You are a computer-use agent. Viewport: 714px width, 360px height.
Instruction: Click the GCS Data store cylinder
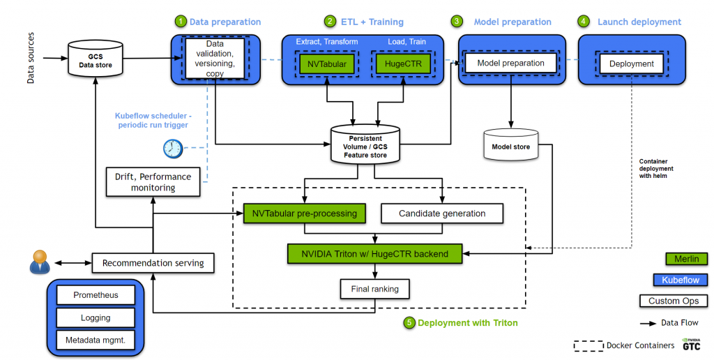point(95,59)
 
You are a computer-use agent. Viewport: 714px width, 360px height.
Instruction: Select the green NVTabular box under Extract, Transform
point(326,64)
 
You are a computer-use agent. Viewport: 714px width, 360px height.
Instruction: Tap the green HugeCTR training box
point(397,64)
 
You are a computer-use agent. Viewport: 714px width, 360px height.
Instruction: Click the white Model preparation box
point(511,63)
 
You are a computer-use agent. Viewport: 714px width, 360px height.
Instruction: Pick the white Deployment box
point(632,63)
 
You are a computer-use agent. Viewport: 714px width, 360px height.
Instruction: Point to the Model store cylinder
point(511,144)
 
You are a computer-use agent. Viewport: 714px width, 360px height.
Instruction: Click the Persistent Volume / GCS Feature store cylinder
point(365,144)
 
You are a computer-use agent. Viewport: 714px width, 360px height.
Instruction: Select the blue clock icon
point(172,148)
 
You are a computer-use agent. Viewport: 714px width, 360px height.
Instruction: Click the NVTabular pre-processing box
point(304,213)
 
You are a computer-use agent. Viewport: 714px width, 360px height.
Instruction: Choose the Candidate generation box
point(441,213)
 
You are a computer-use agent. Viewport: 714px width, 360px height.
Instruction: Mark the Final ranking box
point(375,287)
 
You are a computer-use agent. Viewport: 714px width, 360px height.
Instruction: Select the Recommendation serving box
point(153,263)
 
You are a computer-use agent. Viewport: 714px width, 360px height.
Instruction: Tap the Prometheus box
point(96,295)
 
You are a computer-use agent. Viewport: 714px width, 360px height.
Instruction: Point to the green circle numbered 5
point(409,323)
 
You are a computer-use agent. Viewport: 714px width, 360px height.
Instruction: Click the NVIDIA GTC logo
point(692,345)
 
